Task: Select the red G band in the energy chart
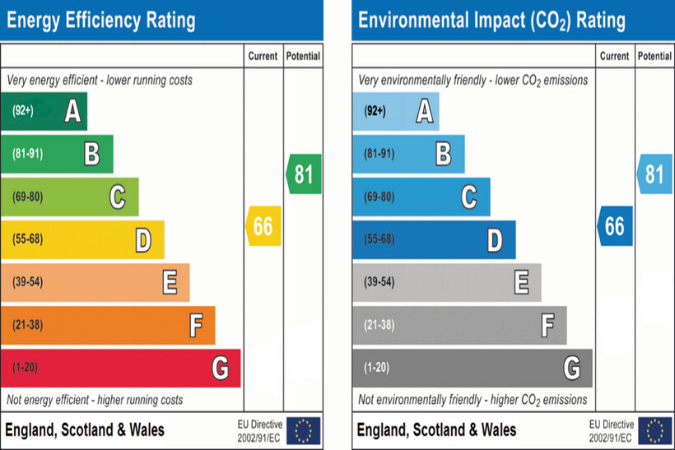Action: pyautogui.click(x=120, y=368)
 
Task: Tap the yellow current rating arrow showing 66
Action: pyautogui.click(x=263, y=226)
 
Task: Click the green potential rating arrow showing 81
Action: pyautogui.click(x=304, y=174)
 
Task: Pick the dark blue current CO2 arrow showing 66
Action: pyautogui.click(x=615, y=226)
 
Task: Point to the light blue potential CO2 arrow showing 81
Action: pyautogui.click(x=655, y=174)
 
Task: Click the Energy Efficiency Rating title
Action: pyautogui.click(x=101, y=20)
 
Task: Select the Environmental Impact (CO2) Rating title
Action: pyautogui.click(x=491, y=20)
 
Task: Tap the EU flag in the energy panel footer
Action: pyautogui.click(x=304, y=430)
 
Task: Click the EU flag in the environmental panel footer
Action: pyautogui.click(x=655, y=430)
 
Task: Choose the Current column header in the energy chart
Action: pyautogui.click(x=263, y=56)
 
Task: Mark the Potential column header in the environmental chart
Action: pyautogui.click(x=654, y=56)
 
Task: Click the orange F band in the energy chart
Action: pyautogui.click(x=107, y=325)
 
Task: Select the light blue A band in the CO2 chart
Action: pyautogui.click(x=395, y=111)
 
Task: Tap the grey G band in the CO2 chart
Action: pyautogui.click(x=472, y=368)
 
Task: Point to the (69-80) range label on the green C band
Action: pyautogui.click(x=30, y=197)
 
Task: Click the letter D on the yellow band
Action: pyautogui.click(x=143, y=240)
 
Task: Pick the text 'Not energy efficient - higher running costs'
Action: pyautogui.click(x=95, y=400)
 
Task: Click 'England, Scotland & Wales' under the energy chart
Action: pyautogui.click(x=86, y=430)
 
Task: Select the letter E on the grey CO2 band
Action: pyautogui.click(x=521, y=283)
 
